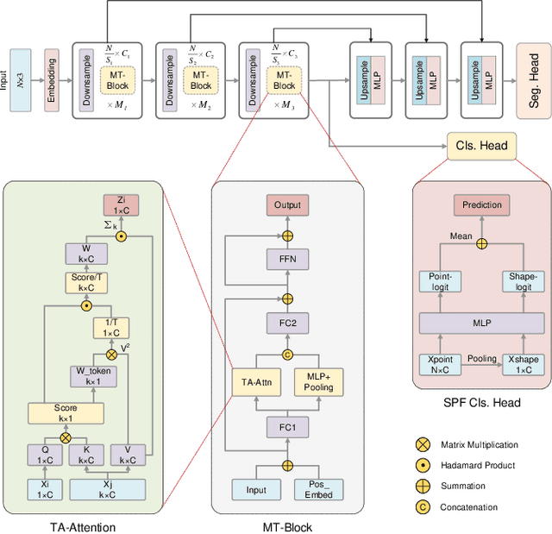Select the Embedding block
tap(51, 81)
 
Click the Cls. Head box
tap(481, 146)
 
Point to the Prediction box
tap(481, 205)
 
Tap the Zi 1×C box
tap(122, 204)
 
